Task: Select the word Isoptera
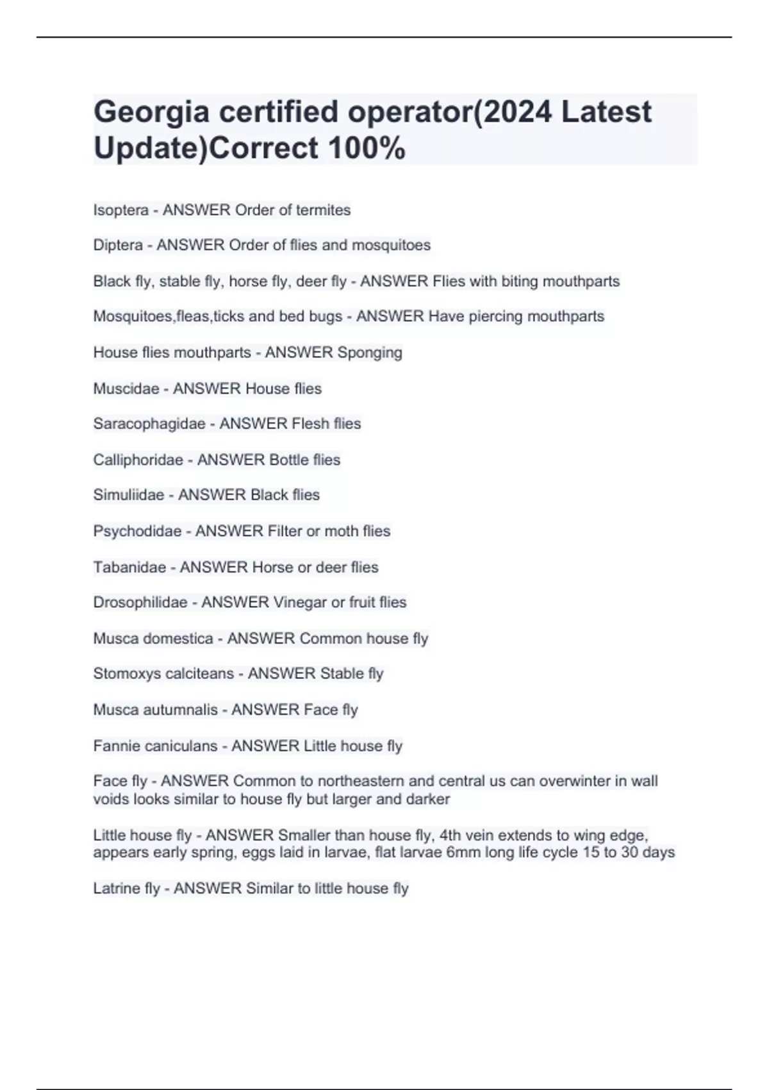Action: (120, 210)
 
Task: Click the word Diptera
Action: (118, 246)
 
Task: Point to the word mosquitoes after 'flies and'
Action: (391, 246)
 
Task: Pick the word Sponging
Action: (370, 353)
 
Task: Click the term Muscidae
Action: (126, 389)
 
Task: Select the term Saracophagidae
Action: (149, 424)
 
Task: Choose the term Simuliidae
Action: (129, 495)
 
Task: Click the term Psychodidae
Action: (137, 531)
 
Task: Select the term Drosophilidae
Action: (140, 603)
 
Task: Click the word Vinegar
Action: (299, 603)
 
